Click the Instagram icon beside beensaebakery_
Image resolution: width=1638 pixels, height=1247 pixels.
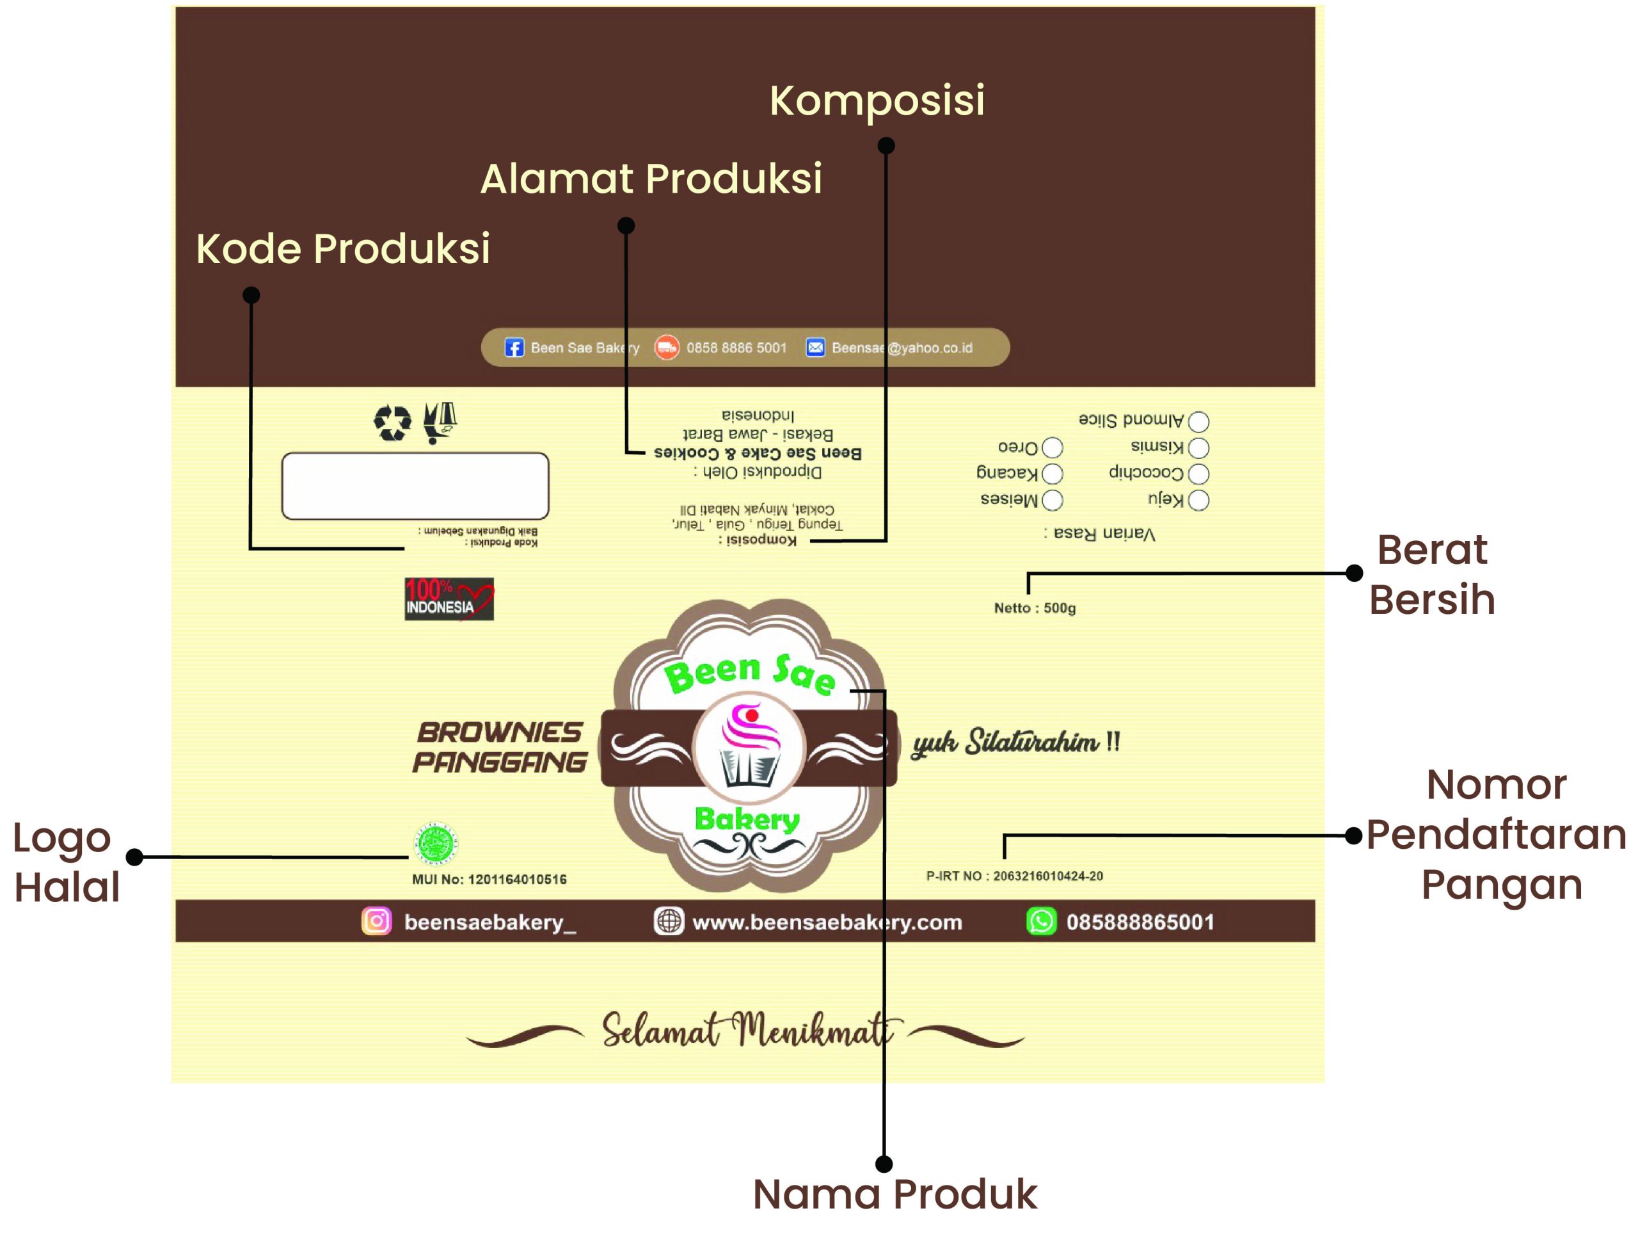376,921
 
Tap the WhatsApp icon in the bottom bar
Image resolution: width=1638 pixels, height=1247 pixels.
1040,921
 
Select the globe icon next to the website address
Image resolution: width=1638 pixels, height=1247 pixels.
669,921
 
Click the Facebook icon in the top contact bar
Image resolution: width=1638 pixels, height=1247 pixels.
513,348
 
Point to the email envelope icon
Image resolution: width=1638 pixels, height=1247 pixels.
815,348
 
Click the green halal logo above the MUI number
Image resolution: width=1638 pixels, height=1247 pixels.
436,843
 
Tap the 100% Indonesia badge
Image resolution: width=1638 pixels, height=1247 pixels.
449,599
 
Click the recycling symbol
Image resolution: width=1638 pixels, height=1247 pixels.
392,422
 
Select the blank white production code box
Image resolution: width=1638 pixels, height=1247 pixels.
415,485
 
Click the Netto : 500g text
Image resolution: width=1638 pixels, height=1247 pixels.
1034,608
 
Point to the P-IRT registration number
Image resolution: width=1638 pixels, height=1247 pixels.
1014,876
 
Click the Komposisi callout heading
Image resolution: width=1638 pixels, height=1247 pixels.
877,101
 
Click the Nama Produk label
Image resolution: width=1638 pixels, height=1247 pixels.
894,1195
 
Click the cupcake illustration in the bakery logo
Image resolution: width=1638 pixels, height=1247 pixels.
749,746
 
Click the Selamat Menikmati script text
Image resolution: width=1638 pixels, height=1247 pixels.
745,1030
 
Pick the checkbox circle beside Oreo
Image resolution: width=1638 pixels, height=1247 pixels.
1052,447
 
